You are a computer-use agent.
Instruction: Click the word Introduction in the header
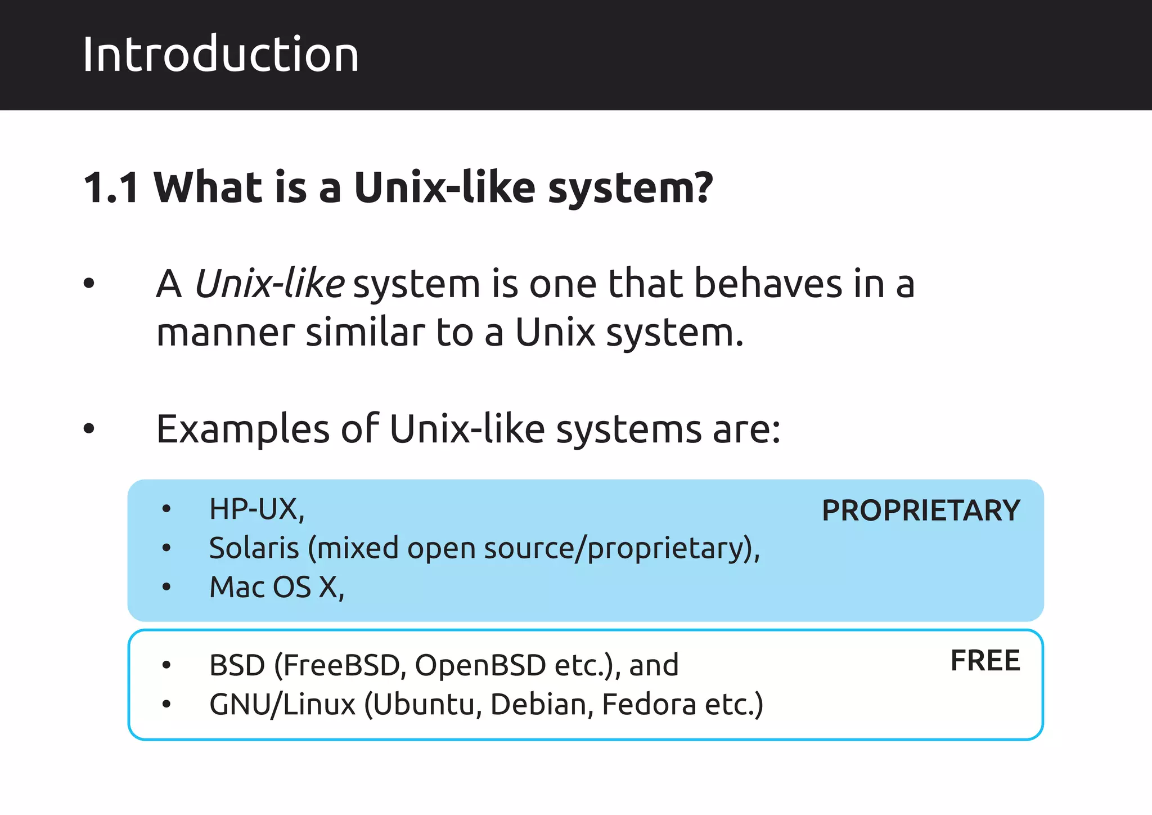[x=220, y=55]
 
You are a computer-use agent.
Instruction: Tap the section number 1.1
[x=111, y=187]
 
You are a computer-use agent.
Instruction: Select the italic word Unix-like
[x=269, y=283]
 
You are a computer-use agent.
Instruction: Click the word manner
[x=225, y=333]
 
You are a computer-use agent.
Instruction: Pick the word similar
[x=366, y=333]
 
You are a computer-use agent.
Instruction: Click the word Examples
[x=242, y=429]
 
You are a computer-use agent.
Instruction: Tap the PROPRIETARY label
[x=921, y=511]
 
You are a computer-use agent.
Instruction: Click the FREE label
[x=985, y=660]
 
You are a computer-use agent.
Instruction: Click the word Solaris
[x=254, y=548]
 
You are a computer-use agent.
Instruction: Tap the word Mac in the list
[x=237, y=587]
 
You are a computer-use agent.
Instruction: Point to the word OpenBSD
[x=480, y=665]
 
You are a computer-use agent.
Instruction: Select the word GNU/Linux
[x=282, y=704]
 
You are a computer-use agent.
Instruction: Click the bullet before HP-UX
[x=166, y=509]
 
